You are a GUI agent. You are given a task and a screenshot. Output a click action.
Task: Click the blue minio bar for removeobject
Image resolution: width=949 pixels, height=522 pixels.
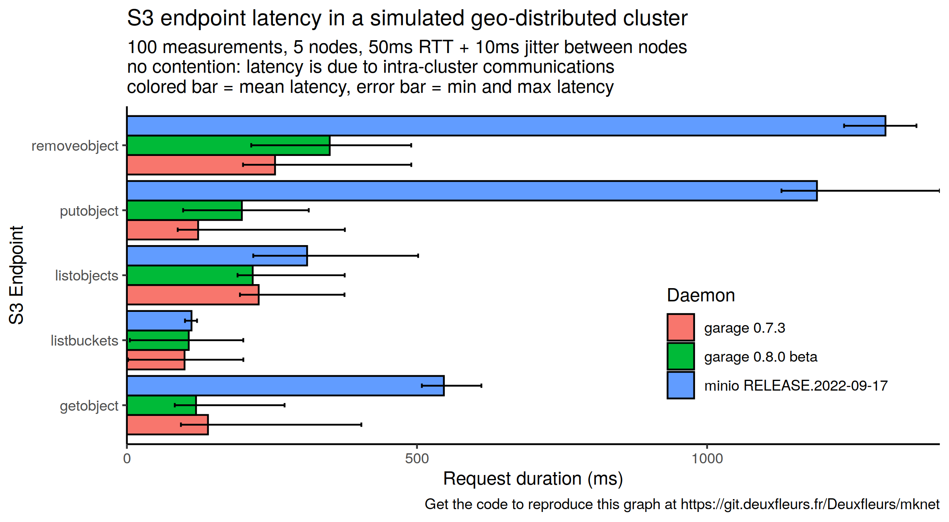(506, 126)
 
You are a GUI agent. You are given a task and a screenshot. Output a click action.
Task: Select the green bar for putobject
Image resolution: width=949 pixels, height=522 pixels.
(184, 210)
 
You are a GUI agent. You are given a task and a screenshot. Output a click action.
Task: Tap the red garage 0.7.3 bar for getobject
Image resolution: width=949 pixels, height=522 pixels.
(168, 425)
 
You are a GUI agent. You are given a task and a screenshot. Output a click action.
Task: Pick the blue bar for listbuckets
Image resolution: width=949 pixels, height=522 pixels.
(159, 321)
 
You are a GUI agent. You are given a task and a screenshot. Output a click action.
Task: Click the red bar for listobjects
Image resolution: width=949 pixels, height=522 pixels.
(193, 295)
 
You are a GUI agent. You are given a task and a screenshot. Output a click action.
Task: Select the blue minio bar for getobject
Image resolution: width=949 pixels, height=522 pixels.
(285, 386)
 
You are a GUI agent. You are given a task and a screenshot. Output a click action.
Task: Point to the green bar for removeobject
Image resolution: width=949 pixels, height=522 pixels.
(228, 145)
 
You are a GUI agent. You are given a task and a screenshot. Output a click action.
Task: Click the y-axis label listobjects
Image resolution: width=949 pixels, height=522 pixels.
(87, 276)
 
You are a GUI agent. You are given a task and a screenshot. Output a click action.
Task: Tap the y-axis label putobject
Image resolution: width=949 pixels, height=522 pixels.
(89, 211)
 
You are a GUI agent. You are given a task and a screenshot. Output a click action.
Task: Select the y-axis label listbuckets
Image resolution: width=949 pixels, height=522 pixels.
(84, 341)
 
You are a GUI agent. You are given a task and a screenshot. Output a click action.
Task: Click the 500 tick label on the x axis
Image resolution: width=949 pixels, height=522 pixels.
(417, 459)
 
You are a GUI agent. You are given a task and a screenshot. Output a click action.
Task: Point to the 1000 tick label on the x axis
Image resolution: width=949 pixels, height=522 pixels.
(707, 459)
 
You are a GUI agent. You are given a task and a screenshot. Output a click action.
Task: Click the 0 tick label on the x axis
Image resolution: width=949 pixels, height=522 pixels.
(127, 459)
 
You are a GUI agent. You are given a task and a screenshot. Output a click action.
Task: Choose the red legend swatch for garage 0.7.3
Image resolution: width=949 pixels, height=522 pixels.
(681, 328)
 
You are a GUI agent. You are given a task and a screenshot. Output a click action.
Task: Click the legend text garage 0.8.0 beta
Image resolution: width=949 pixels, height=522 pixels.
(761, 357)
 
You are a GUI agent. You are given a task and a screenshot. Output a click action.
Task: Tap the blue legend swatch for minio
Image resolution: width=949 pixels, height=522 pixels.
(681, 385)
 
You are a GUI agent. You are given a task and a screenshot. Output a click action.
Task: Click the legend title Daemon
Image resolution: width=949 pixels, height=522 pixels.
(701, 295)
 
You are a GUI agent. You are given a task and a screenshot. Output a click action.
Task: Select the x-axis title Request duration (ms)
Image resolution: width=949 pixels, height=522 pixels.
(533, 479)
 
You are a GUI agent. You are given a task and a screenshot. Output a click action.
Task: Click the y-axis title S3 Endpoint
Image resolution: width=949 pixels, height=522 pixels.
(16, 275)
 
